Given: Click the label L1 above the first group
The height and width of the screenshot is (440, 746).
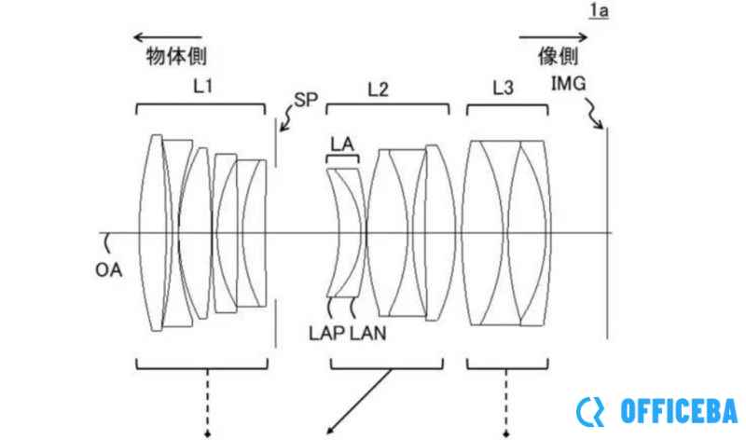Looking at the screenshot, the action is pyautogui.click(x=203, y=86).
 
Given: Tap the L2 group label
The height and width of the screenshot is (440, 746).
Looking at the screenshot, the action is pyautogui.click(x=379, y=89).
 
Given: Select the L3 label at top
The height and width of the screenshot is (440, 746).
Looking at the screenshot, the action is pyautogui.click(x=503, y=88).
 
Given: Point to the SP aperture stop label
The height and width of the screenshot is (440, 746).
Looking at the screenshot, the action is pyautogui.click(x=306, y=100).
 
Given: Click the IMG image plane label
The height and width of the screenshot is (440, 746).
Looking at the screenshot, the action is pyautogui.click(x=568, y=84).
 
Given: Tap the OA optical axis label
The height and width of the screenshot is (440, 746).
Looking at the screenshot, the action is pyautogui.click(x=108, y=270).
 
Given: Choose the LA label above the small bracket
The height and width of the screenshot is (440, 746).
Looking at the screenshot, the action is pyautogui.click(x=342, y=144).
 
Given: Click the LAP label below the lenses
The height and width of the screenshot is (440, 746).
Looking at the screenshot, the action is pyautogui.click(x=327, y=333).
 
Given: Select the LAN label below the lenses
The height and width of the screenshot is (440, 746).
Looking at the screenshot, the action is pyautogui.click(x=368, y=333).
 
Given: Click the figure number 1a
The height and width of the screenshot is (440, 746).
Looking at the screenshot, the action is pyautogui.click(x=599, y=10).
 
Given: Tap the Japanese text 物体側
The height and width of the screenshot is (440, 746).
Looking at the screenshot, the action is pyautogui.click(x=176, y=56).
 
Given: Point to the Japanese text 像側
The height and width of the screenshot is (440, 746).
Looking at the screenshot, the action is pyautogui.click(x=558, y=56).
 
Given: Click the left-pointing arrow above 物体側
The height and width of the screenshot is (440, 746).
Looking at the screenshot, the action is pyautogui.click(x=168, y=37).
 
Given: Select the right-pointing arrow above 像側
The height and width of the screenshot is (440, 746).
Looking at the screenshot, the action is pyautogui.click(x=553, y=37).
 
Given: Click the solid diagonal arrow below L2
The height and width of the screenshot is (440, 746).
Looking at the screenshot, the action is pyautogui.click(x=359, y=402).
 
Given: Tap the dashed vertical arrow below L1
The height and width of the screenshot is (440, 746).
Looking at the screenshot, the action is pyautogui.click(x=207, y=403).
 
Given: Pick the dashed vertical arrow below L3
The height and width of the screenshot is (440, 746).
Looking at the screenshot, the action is pyautogui.click(x=505, y=403).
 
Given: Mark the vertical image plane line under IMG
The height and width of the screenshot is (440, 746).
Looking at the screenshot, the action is pyautogui.click(x=607, y=233).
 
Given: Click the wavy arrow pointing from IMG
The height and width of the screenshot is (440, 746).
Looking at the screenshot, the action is pyautogui.click(x=594, y=113).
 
